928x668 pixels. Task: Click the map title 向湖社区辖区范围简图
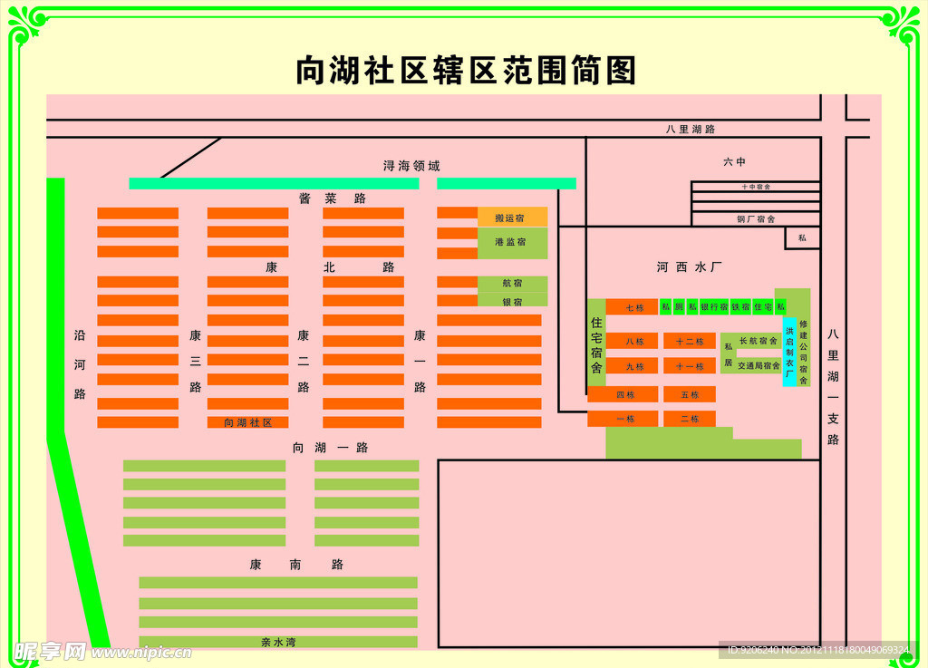(x=466, y=71)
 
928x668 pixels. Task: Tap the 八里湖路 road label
(x=691, y=129)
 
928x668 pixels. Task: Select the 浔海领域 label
(x=411, y=166)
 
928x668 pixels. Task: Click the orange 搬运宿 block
(x=512, y=218)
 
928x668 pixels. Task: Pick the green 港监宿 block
(x=512, y=242)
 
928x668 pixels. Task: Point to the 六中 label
(x=734, y=162)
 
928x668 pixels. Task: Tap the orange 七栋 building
(x=633, y=307)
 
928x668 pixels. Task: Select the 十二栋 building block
(x=690, y=341)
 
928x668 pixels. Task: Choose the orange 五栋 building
(x=690, y=394)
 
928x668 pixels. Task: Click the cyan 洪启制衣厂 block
(x=789, y=352)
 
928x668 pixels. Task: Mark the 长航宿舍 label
(x=759, y=341)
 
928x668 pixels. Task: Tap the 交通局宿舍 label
(x=759, y=366)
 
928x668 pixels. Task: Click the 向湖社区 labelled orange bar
(x=247, y=422)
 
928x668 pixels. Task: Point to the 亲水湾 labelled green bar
(x=278, y=642)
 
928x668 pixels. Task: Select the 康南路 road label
(x=296, y=565)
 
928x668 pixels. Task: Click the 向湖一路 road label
(x=330, y=448)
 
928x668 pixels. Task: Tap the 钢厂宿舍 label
(x=756, y=218)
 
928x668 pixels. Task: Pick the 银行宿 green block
(x=714, y=307)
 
